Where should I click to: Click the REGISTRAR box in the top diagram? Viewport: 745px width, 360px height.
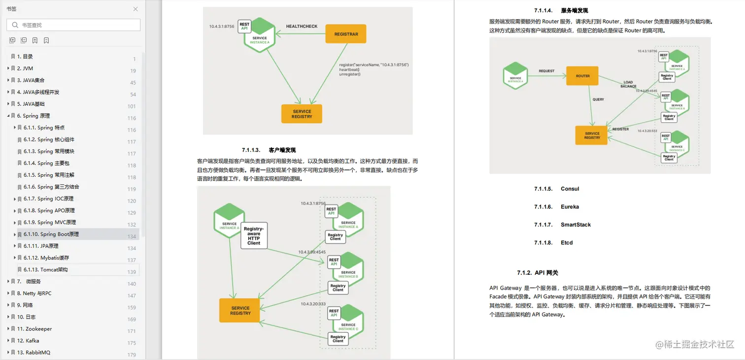click(346, 34)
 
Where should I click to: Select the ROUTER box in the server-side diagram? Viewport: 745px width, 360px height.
click(582, 76)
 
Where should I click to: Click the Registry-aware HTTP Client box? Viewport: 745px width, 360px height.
click(254, 235)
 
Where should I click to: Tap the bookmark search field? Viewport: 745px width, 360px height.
click(74, 25)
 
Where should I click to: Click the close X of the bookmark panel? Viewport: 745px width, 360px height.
click(135, 9)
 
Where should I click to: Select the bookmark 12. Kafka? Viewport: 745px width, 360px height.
click(28, 341)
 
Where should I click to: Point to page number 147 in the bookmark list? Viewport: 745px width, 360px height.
click(132, 296)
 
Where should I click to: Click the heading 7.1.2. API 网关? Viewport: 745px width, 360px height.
click(538, 273)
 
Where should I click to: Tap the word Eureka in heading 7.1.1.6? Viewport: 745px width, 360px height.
click(570, 207)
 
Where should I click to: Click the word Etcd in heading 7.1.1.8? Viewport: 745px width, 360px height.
click(567, 243)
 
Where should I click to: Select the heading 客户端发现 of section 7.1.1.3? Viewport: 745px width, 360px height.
click(282, 150)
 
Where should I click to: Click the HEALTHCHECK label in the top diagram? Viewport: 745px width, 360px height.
click(302, 27)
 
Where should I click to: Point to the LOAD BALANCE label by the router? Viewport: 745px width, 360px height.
click(628, 85)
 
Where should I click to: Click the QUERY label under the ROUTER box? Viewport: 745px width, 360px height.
click(598, 99)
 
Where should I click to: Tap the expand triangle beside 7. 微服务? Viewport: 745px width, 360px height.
click(8, 282)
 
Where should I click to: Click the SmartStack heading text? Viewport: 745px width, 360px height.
click(576, 225)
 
